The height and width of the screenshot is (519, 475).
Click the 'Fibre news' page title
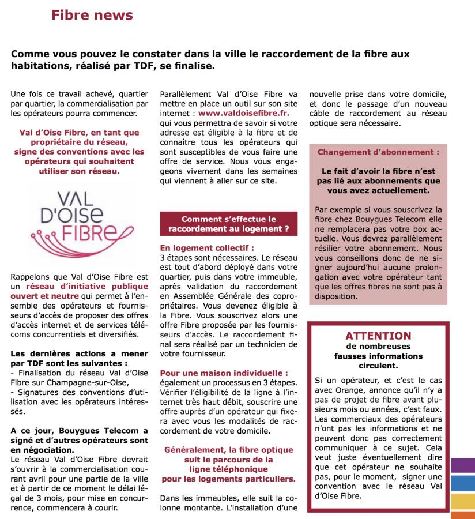pos(92,15)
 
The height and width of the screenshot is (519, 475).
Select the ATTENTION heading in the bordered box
pos(378,336)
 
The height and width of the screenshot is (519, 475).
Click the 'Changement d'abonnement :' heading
pos(378,152)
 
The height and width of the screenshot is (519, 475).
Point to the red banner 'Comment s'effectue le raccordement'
pos(228,224)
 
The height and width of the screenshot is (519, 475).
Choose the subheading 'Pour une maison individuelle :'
pos(224,373)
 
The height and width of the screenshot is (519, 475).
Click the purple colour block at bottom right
pos(462,464)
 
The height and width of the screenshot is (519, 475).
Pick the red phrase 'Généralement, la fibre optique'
pos(228,450)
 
